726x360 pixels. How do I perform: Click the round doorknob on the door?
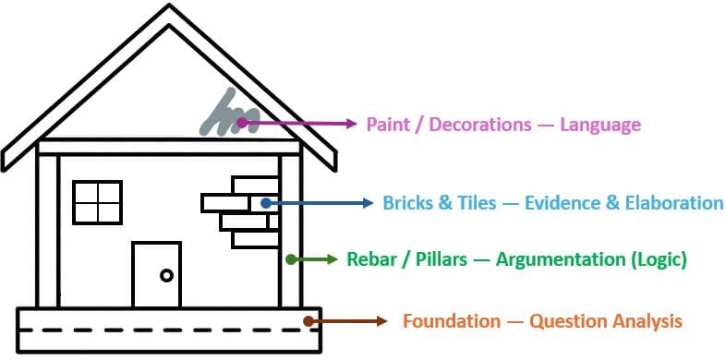coord(166,275)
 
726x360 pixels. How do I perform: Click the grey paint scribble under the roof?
coord(230,113)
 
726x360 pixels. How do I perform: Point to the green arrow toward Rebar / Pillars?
coord(312,259)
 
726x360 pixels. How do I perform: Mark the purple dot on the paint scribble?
coord(242,123)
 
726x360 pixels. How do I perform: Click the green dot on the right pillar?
coord(291,259)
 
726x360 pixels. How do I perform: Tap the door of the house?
coord(156,274)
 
